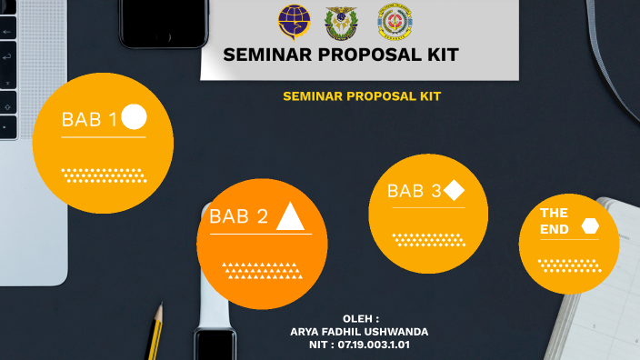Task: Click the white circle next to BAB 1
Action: click(134, 117)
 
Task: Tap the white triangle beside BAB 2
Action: click(290, 216)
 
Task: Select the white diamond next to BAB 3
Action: click(455, 190)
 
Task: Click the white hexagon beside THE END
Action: click(590, 226)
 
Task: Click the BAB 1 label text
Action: click(89, 120)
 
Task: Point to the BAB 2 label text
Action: click(239, 216)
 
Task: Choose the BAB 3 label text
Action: click(414, 191)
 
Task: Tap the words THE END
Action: click(555, 221)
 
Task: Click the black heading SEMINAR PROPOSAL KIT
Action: click(341, 55)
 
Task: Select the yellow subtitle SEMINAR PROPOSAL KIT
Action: click(362, 95)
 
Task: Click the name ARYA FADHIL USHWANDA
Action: click(359, 332)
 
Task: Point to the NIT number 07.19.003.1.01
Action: click(359, 345)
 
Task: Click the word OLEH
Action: click(360, 319)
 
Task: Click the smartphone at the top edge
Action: click(165, 23)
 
